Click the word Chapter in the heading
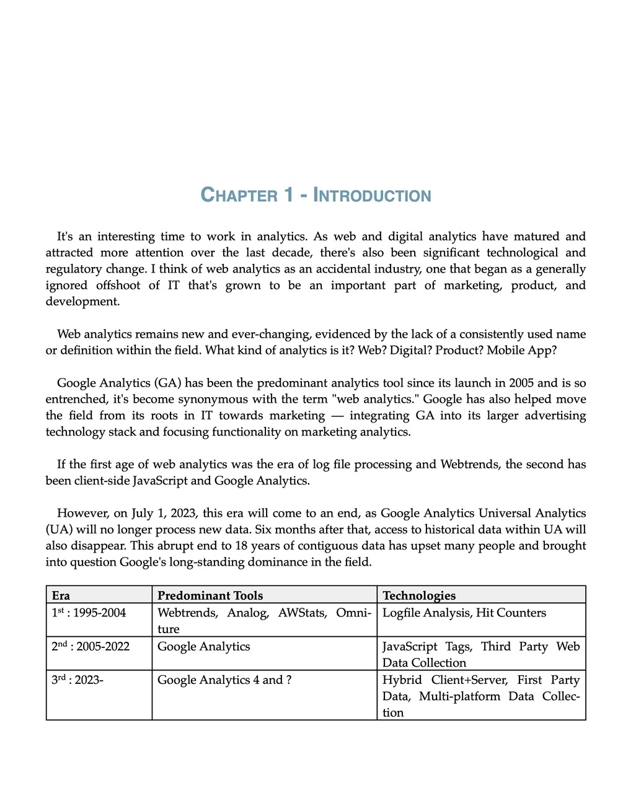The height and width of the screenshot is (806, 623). (x=239, y=195)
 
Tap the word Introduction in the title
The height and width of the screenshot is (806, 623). (x=372, y=195)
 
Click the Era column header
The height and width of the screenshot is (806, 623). (x=61, y=595)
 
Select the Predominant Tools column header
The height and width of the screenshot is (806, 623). (x=210, y=595)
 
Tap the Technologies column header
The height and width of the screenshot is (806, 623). (x=419, y=595)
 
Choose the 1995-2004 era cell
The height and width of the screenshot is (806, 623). (x=89, y=613)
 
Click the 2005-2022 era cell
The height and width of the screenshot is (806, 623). (x=91, y=646)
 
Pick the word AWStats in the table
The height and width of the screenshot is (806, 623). (x=302, y=613)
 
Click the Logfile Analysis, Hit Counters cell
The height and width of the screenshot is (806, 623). (x=464, y=613)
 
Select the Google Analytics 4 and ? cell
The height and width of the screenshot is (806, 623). (x=224, y=680)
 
